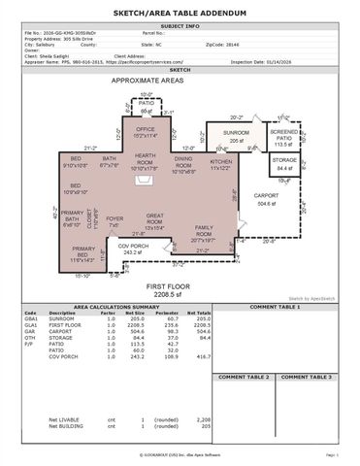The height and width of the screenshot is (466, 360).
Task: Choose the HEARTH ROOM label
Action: pos(146,158)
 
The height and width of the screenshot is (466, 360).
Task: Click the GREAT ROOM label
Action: pos(160,217)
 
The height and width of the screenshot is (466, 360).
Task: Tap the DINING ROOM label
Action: pos(183,161)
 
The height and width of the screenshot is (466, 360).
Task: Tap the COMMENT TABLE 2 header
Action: pos(244,376)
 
